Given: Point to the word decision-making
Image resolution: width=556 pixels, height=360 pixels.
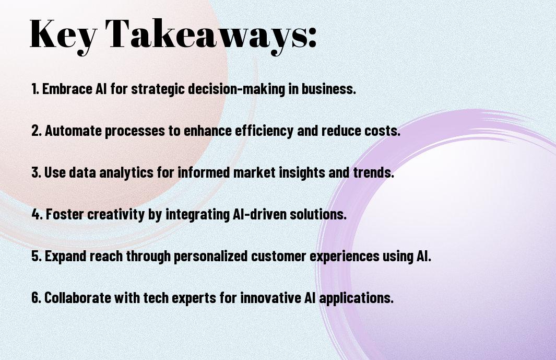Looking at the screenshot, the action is [236, 89].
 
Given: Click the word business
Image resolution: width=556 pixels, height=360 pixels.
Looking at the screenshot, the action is [329, 89].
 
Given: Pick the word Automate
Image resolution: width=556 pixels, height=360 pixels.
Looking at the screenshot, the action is [73, 131].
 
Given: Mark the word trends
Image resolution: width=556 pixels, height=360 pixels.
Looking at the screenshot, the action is [373, 172].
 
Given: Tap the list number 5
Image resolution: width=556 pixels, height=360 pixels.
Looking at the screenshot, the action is [37, 256].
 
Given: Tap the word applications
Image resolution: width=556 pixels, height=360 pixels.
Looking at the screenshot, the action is [357, 298].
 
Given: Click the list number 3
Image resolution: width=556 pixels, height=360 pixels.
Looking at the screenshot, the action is [37, 172].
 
